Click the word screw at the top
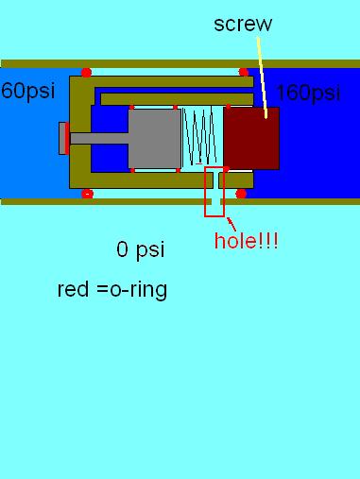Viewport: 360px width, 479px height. (243, 24)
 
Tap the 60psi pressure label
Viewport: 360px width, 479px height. (26, 92)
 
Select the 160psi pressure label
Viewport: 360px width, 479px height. (307, 93)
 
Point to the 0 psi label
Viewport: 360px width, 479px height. (140, 249)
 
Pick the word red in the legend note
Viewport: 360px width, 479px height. (73, 289)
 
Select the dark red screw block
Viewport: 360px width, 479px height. (251, 138)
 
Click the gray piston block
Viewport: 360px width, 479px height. (154, 138)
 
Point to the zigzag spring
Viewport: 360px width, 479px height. (202, 138)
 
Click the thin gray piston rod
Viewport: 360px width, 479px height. (98, 138)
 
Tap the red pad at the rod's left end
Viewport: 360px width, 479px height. (63, 138)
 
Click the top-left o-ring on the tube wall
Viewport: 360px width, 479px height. (86, 72)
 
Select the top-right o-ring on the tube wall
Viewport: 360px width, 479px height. (243, 72)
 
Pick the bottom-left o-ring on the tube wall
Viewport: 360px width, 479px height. (88, 194)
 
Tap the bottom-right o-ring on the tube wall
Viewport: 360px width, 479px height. (241, 194)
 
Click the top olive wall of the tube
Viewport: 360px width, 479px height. (170, 64)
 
